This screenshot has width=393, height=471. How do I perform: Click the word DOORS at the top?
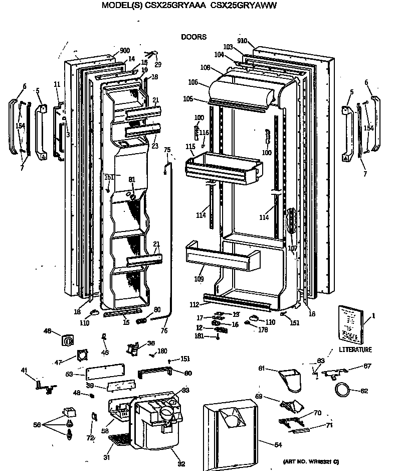pos(193,37)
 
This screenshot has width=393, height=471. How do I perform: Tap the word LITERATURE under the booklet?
pos(354,349)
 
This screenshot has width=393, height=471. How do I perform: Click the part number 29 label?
pos(158,64)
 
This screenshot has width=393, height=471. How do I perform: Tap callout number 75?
pos(167,150)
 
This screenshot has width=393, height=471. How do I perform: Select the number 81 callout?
pos(132,180)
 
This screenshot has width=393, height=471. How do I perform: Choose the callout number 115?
pos(190,146)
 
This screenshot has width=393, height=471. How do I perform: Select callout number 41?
pos(24,371)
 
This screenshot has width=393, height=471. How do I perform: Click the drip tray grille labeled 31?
pos(119,440)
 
